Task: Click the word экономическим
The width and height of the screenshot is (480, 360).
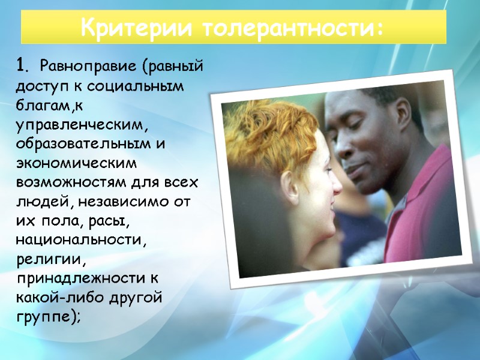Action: point(77,163)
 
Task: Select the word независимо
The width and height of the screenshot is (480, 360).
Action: point(115,202)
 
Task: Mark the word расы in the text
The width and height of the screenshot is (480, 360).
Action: point(109,221)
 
